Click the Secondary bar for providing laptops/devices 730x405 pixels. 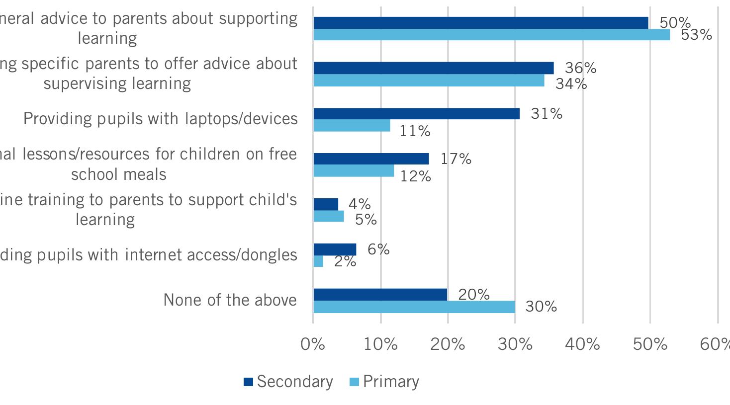tap(416, 114)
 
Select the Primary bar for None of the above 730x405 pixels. tap(414, 307)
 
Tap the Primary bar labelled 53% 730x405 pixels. tap(491, 35)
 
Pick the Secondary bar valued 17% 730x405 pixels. tap(371, 159)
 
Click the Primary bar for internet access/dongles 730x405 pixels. tap(318, 261)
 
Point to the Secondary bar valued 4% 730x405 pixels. tap(326, 204)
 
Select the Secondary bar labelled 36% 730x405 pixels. tap(433, 68)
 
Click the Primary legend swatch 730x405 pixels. tap(354, 382)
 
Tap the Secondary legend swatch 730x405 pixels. tap(248, 382)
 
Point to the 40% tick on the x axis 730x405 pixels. tap(582, 344)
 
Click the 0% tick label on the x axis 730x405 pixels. tap(313, 344)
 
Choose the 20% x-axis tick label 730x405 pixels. tap(448, 344)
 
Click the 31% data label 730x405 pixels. tap(547, 114)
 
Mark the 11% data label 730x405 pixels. tap(415, 131)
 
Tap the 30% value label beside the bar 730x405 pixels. tap(541, 307)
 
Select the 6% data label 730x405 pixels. tap(378, 249)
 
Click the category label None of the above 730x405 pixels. tap(230, 300)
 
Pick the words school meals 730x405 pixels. tap(118, 174)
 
